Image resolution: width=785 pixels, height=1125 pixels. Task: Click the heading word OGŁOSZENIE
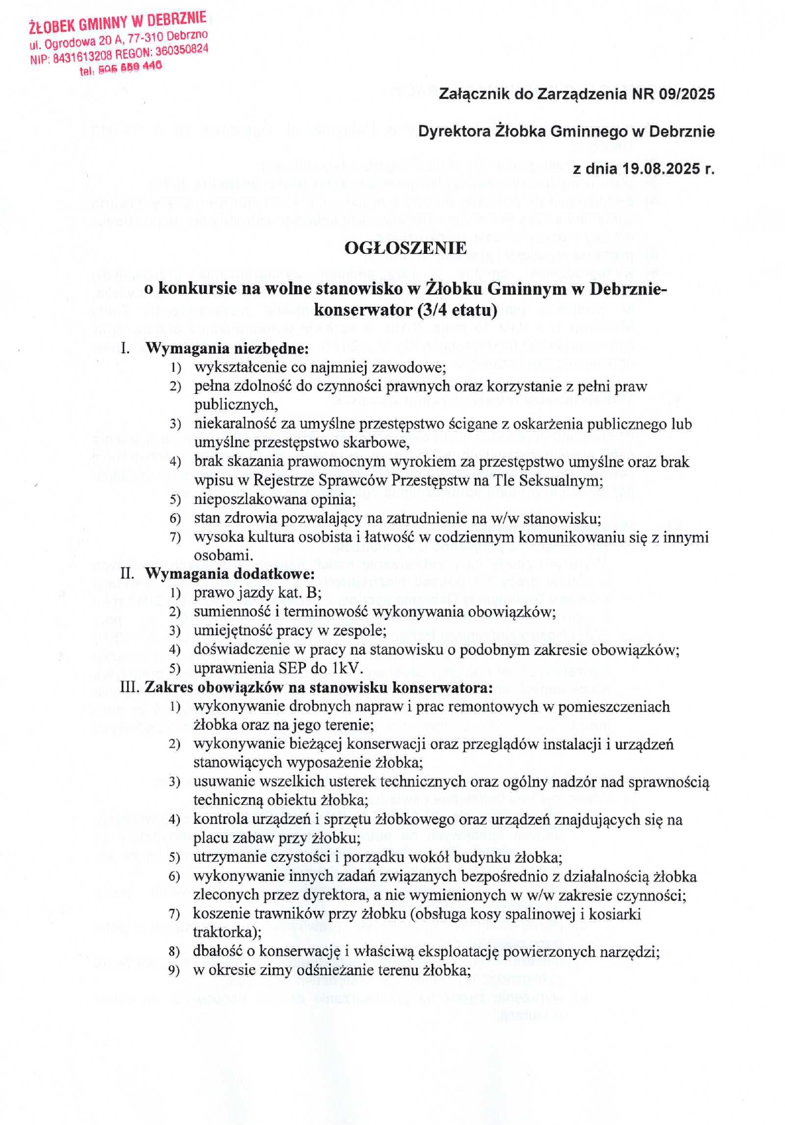(x=406, y=248)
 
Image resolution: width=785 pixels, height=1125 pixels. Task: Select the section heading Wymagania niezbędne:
(x=227, y=348)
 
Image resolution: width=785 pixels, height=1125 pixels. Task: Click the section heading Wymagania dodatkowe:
(x=230, y=574)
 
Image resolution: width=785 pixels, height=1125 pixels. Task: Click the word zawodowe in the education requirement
(x=412, y=367)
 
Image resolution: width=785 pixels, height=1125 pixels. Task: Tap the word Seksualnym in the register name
(x=561, y=480)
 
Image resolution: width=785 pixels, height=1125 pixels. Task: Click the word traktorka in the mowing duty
(x=223, y=932)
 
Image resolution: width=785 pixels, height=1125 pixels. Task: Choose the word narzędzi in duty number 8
(x=631, y=952)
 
